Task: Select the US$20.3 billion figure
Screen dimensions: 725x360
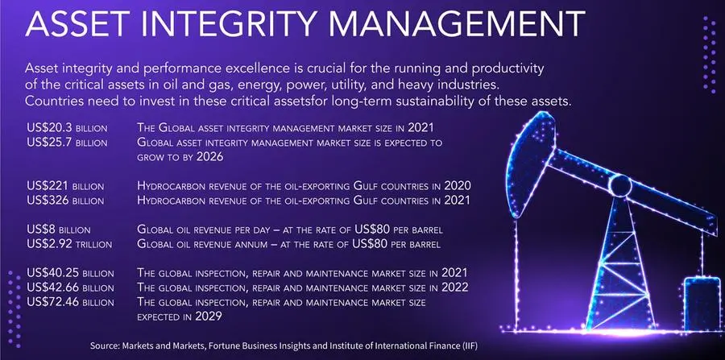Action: pyautogui.click(x=67, y=128)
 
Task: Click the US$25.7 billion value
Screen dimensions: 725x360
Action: pyautogui.click(x=67, y=143)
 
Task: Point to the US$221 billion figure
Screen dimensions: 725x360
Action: pyautogui.click(x=65, y=186)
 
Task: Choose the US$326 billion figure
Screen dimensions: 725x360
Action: pyautogui.click(x=65, y=201)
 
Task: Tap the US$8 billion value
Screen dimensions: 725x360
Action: pyautogui.click(x=59, y=230)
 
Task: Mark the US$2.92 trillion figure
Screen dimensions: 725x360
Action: pyautogui.click(x=69, y=244)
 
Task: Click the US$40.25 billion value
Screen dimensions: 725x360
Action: pyautogui.click(x=70, y=273)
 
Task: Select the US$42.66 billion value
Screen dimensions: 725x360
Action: pyautogui.click(x=70, y=288)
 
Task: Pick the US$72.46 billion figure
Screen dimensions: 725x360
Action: pyautogui.click(x=70, y=302)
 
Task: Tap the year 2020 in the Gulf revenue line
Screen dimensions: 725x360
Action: pyautogui.click(x=458, y=186)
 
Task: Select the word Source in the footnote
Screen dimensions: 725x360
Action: pyautogui.click(x=105, y=346)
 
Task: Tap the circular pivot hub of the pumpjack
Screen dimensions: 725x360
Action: pyautogui.click(x=619, y=185)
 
